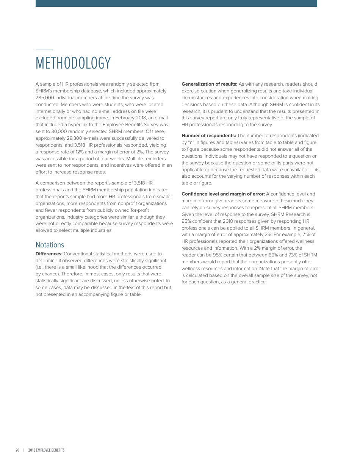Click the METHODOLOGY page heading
[x=73, y=63]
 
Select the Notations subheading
[x=50, y=245]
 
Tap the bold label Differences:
[x=49, y=254]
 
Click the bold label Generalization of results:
[x=209, y=84]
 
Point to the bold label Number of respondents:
[x=208, y=136]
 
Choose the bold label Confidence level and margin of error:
[x=223, y=194]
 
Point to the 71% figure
[x=308, y=235]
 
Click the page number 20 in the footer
[x=17, y=450]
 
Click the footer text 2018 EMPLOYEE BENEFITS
[x=46, y=450]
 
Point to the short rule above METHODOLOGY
[x=44, y=50]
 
